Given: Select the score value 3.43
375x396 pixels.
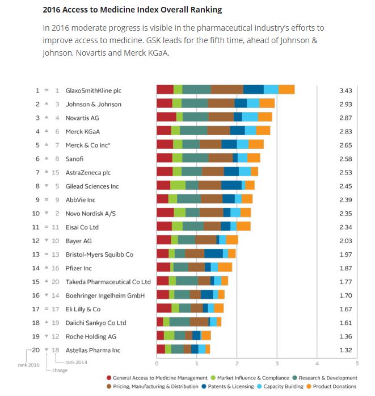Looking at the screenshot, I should coord(345,90).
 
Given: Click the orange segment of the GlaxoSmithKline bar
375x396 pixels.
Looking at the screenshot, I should coord(286,90).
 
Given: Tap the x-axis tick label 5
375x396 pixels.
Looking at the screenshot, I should coord(357,364).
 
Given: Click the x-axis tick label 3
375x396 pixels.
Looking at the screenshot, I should coord(277,364).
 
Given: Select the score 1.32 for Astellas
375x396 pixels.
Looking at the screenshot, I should coord(345,350).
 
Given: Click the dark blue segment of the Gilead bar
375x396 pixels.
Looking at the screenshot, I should coord(231,186).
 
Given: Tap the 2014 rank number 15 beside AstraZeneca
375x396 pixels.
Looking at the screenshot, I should coord(56,172).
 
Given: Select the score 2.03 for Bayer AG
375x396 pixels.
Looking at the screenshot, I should coord(345,240).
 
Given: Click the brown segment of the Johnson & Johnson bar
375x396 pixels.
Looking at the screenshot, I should coord(221,104).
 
